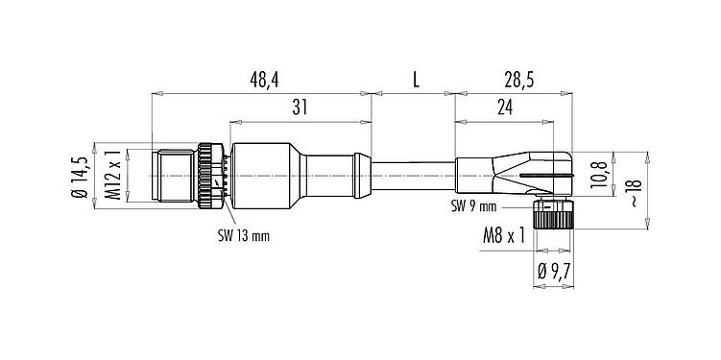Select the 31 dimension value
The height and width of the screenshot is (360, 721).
(300, 109)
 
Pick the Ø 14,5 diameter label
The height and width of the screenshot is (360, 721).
(84, 177)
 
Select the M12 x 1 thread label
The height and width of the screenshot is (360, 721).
(112, 177)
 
